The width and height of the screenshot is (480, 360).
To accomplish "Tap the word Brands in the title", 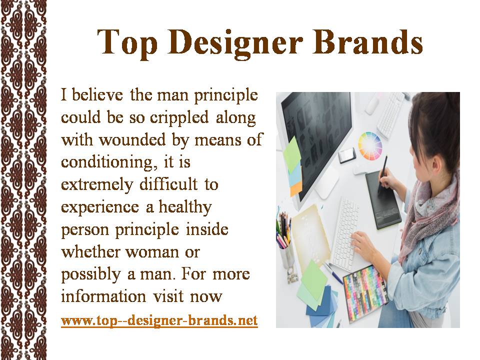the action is tap(367, 41).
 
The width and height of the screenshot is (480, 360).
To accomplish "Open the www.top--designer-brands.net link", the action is tap(159, 320).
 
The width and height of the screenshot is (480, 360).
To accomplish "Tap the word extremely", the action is tap(97, 185).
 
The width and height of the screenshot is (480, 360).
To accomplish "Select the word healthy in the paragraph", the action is tap(185, 207).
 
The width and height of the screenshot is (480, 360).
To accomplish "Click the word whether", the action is tap(90, 252).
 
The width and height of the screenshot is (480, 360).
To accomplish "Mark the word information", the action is tap(103, 296).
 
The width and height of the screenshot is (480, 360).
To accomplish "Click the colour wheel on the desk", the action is tap(370, 146).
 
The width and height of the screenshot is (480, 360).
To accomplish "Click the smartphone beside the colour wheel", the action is tap(347, 155).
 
